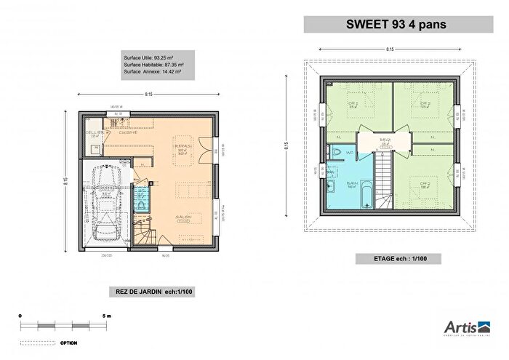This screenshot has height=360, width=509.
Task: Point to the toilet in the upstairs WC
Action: coord(336,151)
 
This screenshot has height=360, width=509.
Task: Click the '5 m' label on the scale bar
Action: coord(106,316)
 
